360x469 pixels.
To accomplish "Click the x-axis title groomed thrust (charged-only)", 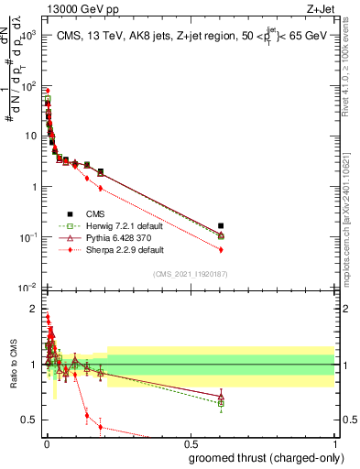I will click(x=263, y=457).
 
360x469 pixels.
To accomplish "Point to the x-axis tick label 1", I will click(x=334, y=444).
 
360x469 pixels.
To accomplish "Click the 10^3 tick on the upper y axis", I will click(x=30, y=35).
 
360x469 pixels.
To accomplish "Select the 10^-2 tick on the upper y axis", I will click(x=29, y=288).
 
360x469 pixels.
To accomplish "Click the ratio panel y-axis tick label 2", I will click(x=34, y=309).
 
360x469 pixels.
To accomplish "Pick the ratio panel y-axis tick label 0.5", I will click(x=30, y=420).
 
